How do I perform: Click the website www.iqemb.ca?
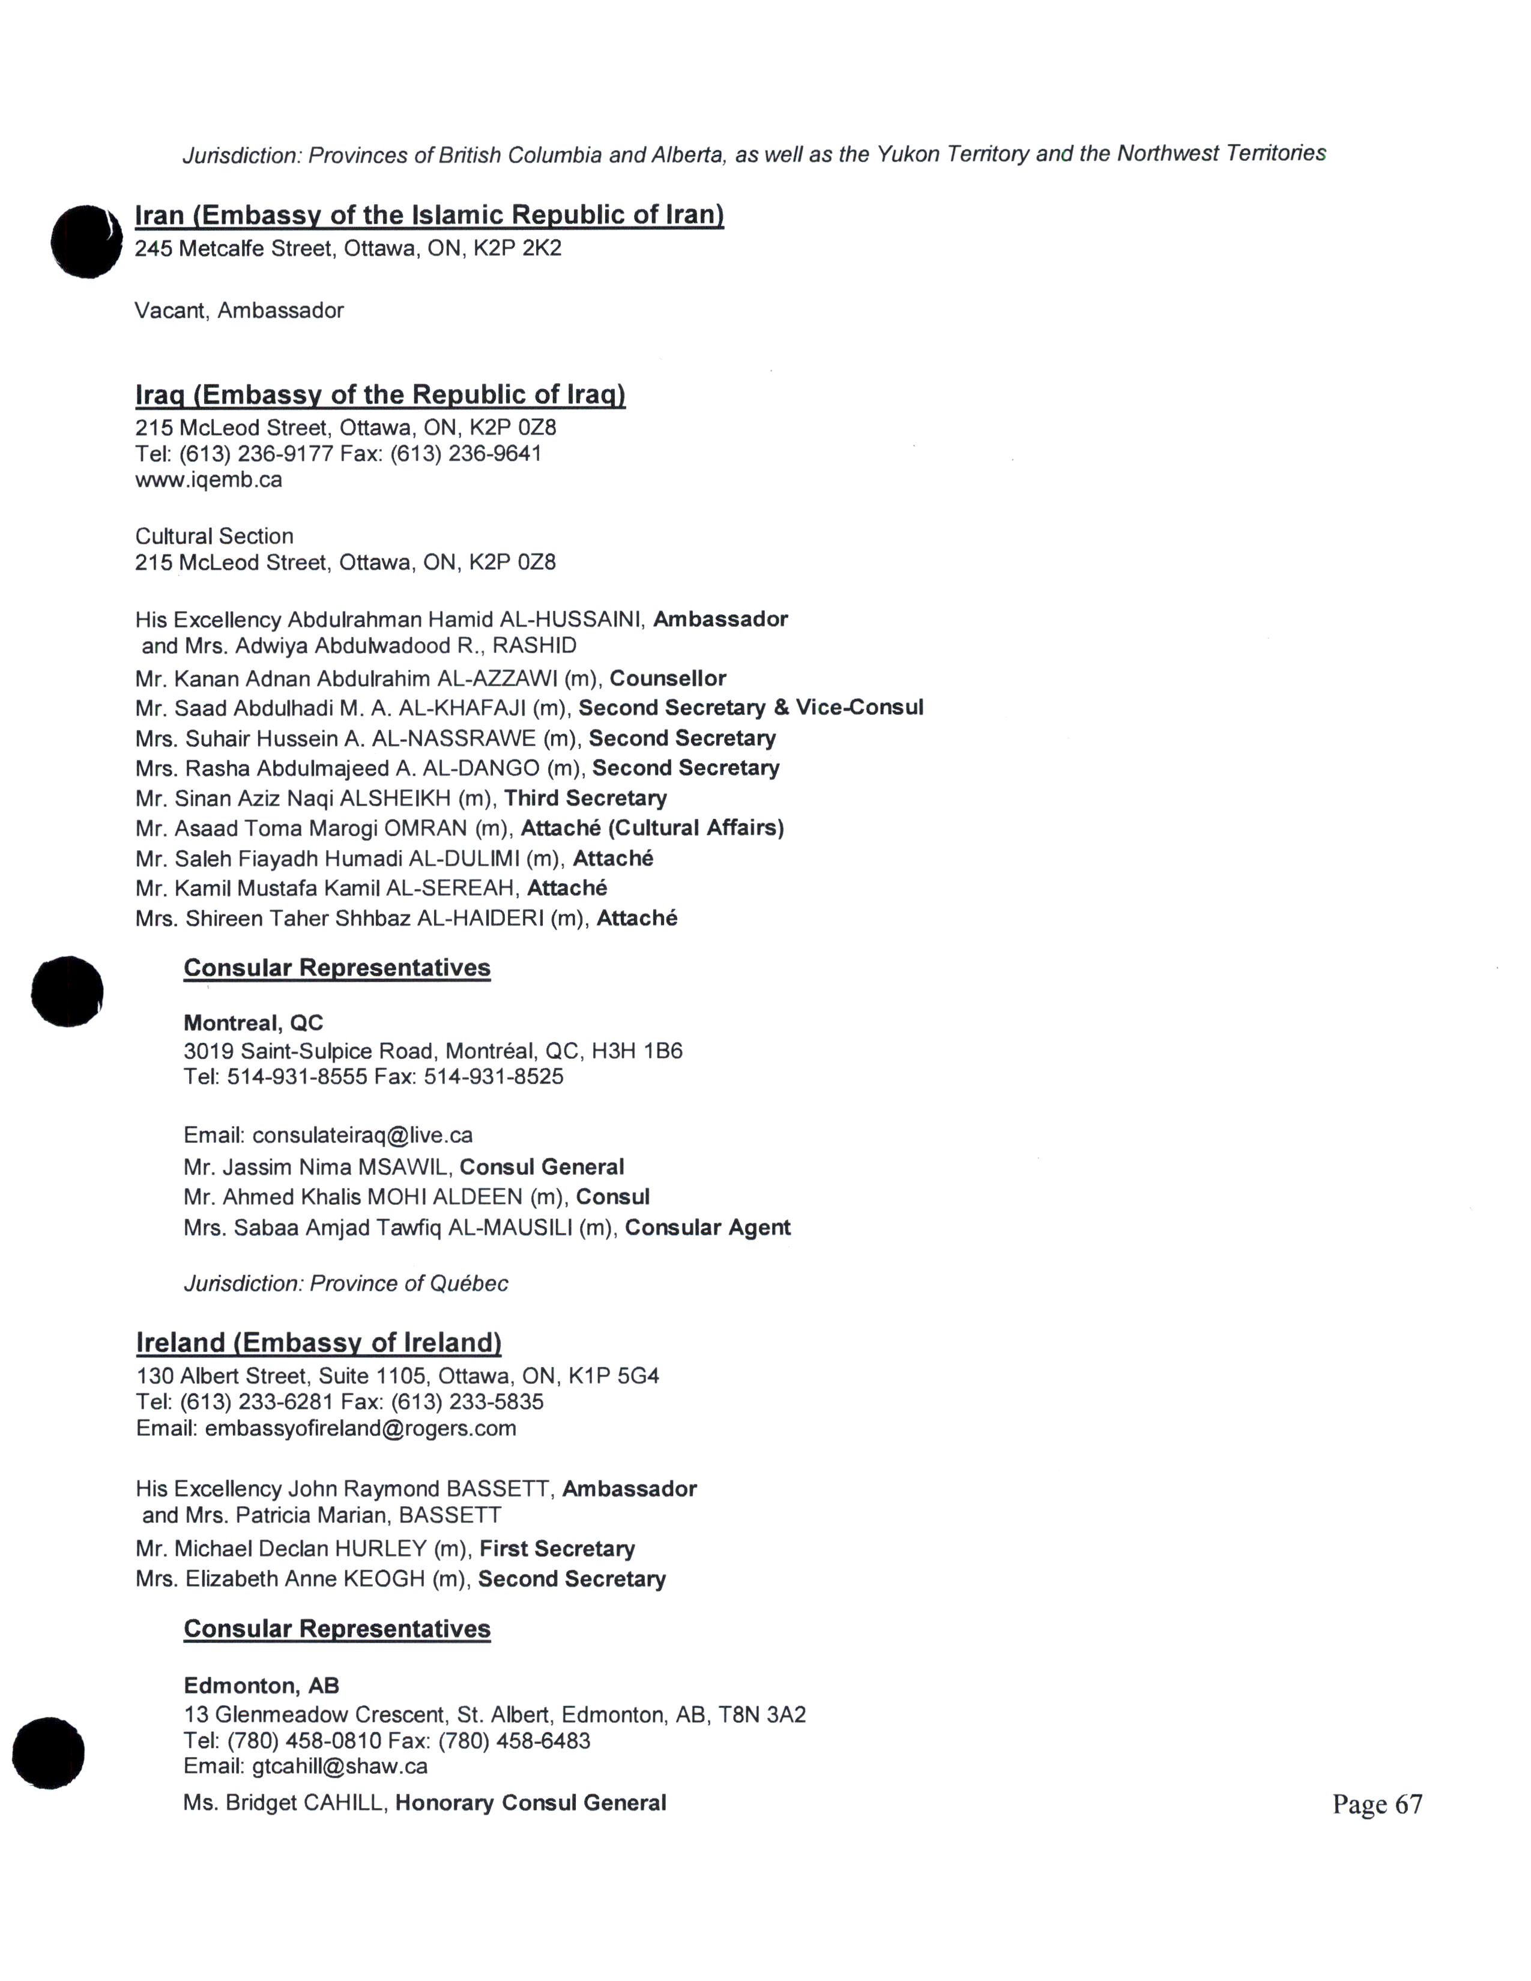[x=208, y=479]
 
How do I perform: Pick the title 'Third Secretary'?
[x=585, y=798]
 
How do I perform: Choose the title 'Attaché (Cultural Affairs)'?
[x=652, y=828]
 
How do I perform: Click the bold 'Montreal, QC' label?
[x=253, y=1023]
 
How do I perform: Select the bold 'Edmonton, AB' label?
[x=261, y=1685]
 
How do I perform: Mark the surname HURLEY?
[x=380, y=1548]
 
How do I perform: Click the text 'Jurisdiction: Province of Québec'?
[x=346, y=1283]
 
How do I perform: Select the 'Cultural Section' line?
[x=214, y=536]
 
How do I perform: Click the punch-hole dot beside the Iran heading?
[x=86, y=241]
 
